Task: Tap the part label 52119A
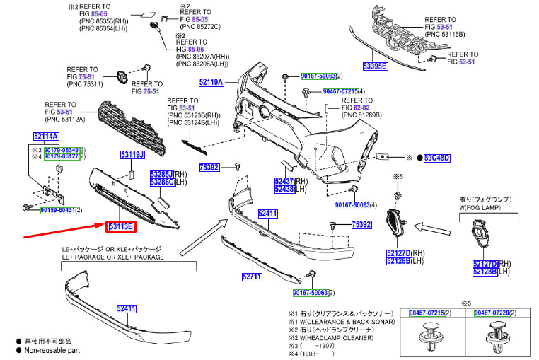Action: [211, 83]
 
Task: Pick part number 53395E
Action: [375, 66]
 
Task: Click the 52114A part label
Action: [46, 136]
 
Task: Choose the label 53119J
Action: [132, 154]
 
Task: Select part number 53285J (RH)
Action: [162, 173]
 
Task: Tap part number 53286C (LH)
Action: [162, 182]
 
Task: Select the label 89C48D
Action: [436, 158]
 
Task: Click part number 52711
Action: [252, 277]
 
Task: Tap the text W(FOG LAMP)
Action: [480, 209]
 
